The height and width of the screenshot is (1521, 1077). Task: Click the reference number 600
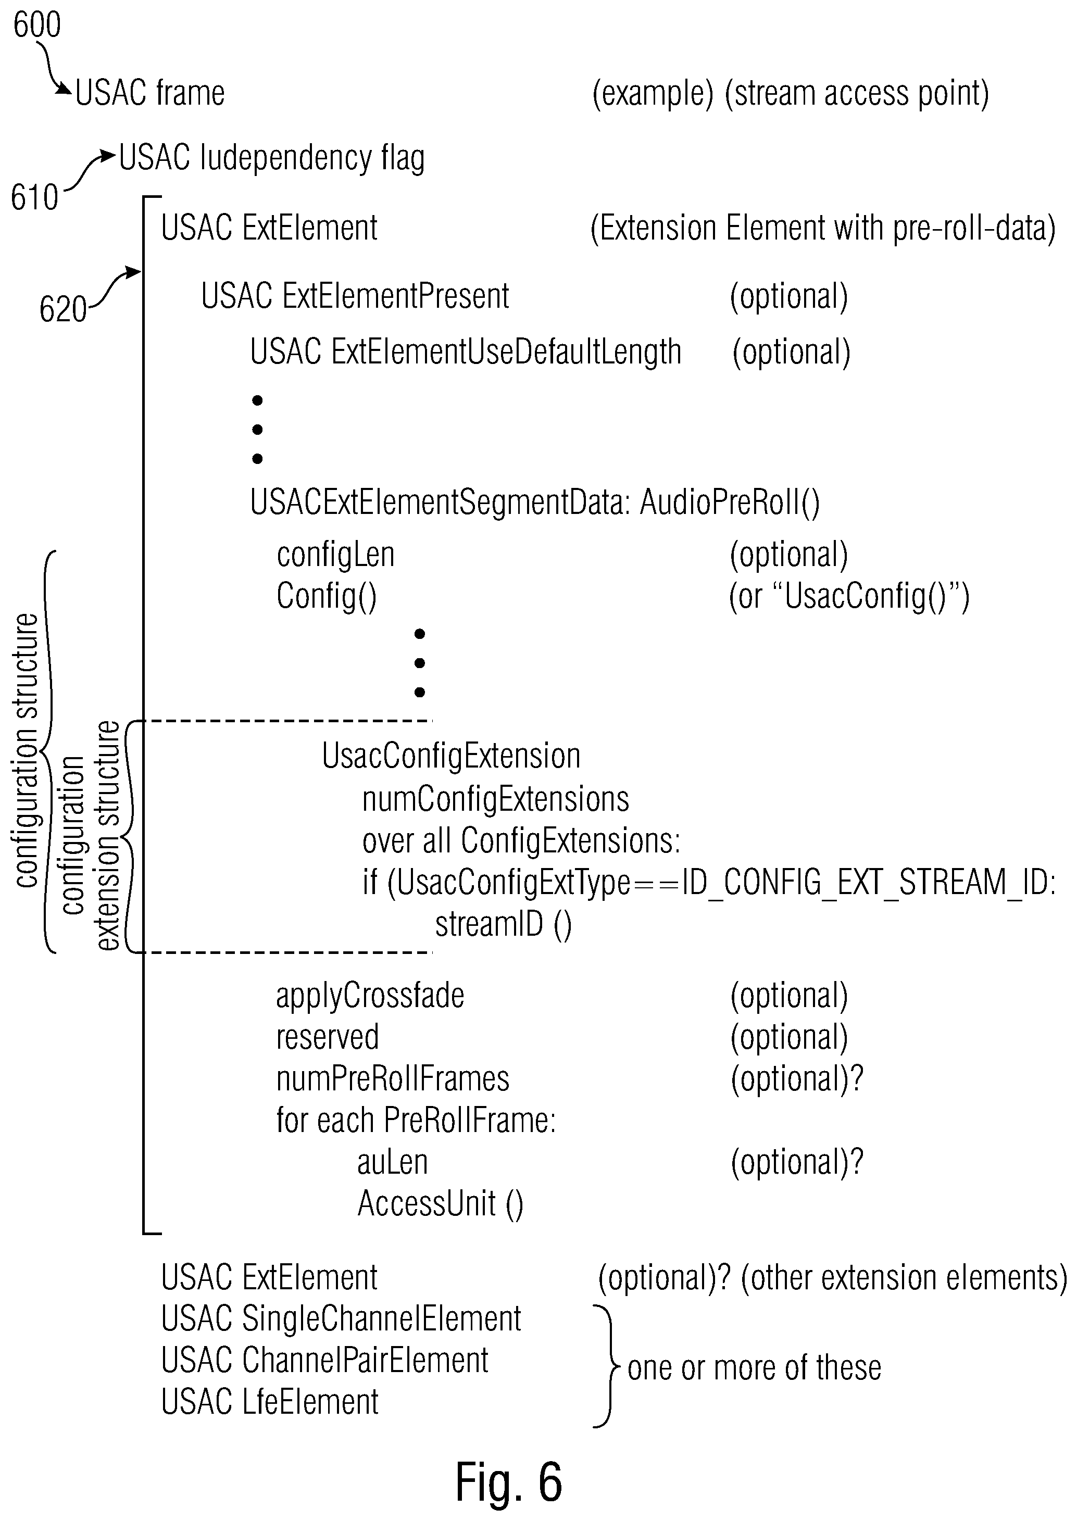point(37,25)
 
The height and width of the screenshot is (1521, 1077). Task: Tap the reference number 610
point(34,197)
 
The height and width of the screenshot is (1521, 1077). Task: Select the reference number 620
point(63,309)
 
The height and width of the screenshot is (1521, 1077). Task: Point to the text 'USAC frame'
point(150,93)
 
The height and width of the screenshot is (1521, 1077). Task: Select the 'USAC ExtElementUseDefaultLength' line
point(466,352)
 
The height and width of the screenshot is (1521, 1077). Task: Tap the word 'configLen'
point(335,555)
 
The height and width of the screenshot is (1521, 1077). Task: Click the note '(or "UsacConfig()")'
point(849,597)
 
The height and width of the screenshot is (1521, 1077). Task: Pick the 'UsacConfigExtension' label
point(451,757)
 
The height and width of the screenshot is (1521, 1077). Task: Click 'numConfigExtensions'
point(495,800)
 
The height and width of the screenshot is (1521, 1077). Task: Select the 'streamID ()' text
point(504,924)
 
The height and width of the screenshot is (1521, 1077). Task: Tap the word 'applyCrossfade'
point(370,996)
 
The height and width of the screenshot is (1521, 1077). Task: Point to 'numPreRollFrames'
point(393,1079)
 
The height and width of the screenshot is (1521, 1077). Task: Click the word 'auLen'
point(393,1162)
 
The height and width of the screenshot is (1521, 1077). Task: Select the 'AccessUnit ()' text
point(441,1204)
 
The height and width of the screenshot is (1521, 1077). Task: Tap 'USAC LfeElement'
point(270,1402)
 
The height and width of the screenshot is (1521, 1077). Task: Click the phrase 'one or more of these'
point(755,1368)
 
